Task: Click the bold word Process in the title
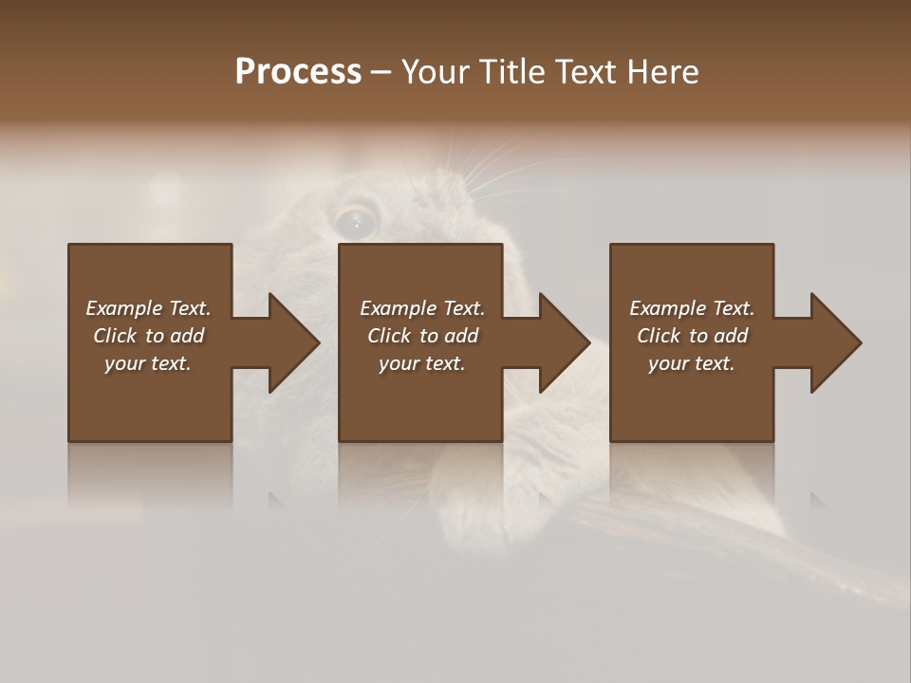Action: tap(298, 72)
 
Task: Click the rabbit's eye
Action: tap(356, 221)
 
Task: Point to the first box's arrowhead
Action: tap(293, 342)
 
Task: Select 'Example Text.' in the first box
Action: tap(148, 308)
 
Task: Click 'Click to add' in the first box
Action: tap(148, 336)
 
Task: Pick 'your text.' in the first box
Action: tap(148, 363)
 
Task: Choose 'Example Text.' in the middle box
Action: tap(422, 308)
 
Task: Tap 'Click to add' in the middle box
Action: tap(422, 336)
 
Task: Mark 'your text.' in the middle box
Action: tap(422, 363)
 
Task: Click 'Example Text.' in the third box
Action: tap(692, 308)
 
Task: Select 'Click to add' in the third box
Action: tap(692, 336)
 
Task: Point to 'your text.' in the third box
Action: tap(692, 363)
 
